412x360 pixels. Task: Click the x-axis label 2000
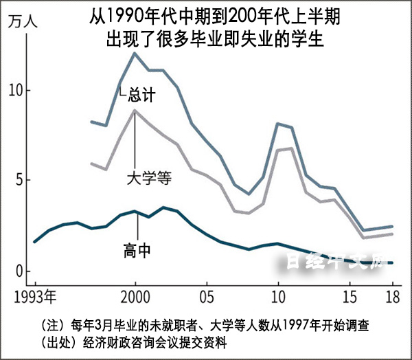(x=135, y=297)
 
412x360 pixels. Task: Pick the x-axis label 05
(x=206, y=297)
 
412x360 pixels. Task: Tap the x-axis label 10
(x=278, y=297)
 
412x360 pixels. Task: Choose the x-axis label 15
(x=350, y=297)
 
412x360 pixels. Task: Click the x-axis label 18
(x=392, y=297)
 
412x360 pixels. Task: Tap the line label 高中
(x=137, y=250)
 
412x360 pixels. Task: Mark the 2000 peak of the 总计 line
(x=135, y=53)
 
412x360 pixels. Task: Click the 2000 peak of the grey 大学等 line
(x=135, y=110)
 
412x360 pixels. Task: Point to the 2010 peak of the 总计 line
(x=278, y=124)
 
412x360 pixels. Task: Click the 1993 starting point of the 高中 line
(x=34, y=242)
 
